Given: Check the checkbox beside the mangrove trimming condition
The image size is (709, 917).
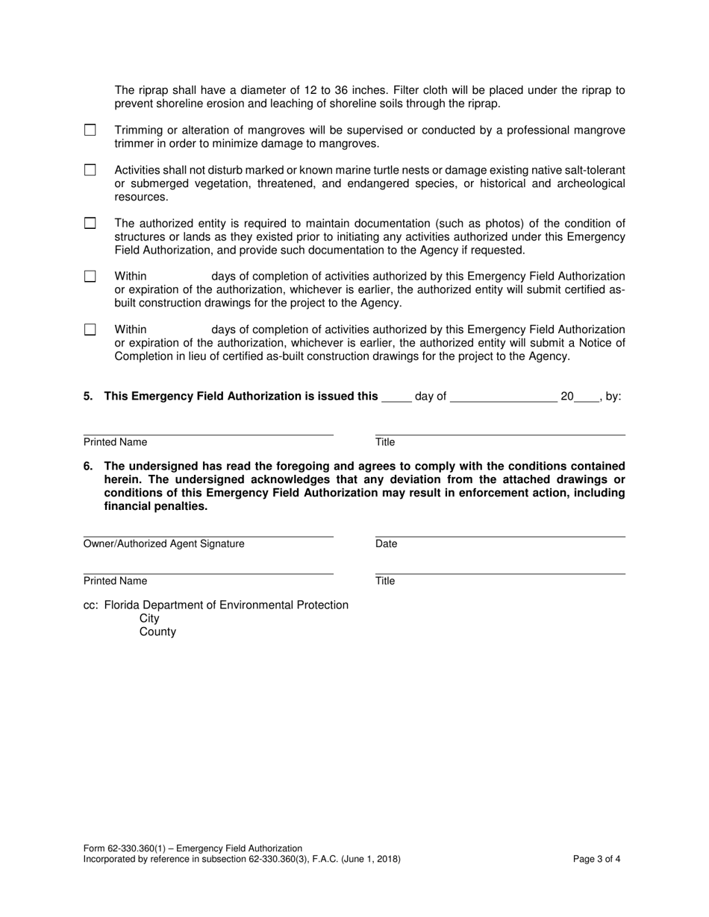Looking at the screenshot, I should pos(90,130).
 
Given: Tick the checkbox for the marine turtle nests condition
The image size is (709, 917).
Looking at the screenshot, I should pos(90,170).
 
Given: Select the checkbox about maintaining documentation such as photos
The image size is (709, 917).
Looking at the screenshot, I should pos(90,223).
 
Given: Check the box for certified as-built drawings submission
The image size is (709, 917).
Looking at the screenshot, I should pos(90,276).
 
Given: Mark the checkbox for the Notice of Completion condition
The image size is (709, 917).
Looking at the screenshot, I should pos(90,329).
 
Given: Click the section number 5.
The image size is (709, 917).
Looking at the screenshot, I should pos(88,396).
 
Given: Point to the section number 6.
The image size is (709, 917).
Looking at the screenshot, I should pos(88,466).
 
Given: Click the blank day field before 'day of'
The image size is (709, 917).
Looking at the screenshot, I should pos(396,397).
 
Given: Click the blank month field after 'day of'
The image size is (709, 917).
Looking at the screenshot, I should pos(504,397).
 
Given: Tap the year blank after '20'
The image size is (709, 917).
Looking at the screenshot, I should pos(587,397).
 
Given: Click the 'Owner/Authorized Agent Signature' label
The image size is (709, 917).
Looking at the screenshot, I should pos(163,543).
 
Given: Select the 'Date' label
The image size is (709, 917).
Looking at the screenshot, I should pos(386,543).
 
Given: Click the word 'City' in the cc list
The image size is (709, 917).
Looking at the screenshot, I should pos(149,618).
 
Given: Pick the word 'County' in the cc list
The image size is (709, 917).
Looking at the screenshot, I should pos(157,631).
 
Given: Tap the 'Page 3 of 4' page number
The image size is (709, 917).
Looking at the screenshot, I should pos(596,858).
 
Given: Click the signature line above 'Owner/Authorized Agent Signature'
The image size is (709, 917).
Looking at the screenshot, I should pos(208,536).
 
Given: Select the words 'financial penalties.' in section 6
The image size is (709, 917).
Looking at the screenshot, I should pos(155,506).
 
